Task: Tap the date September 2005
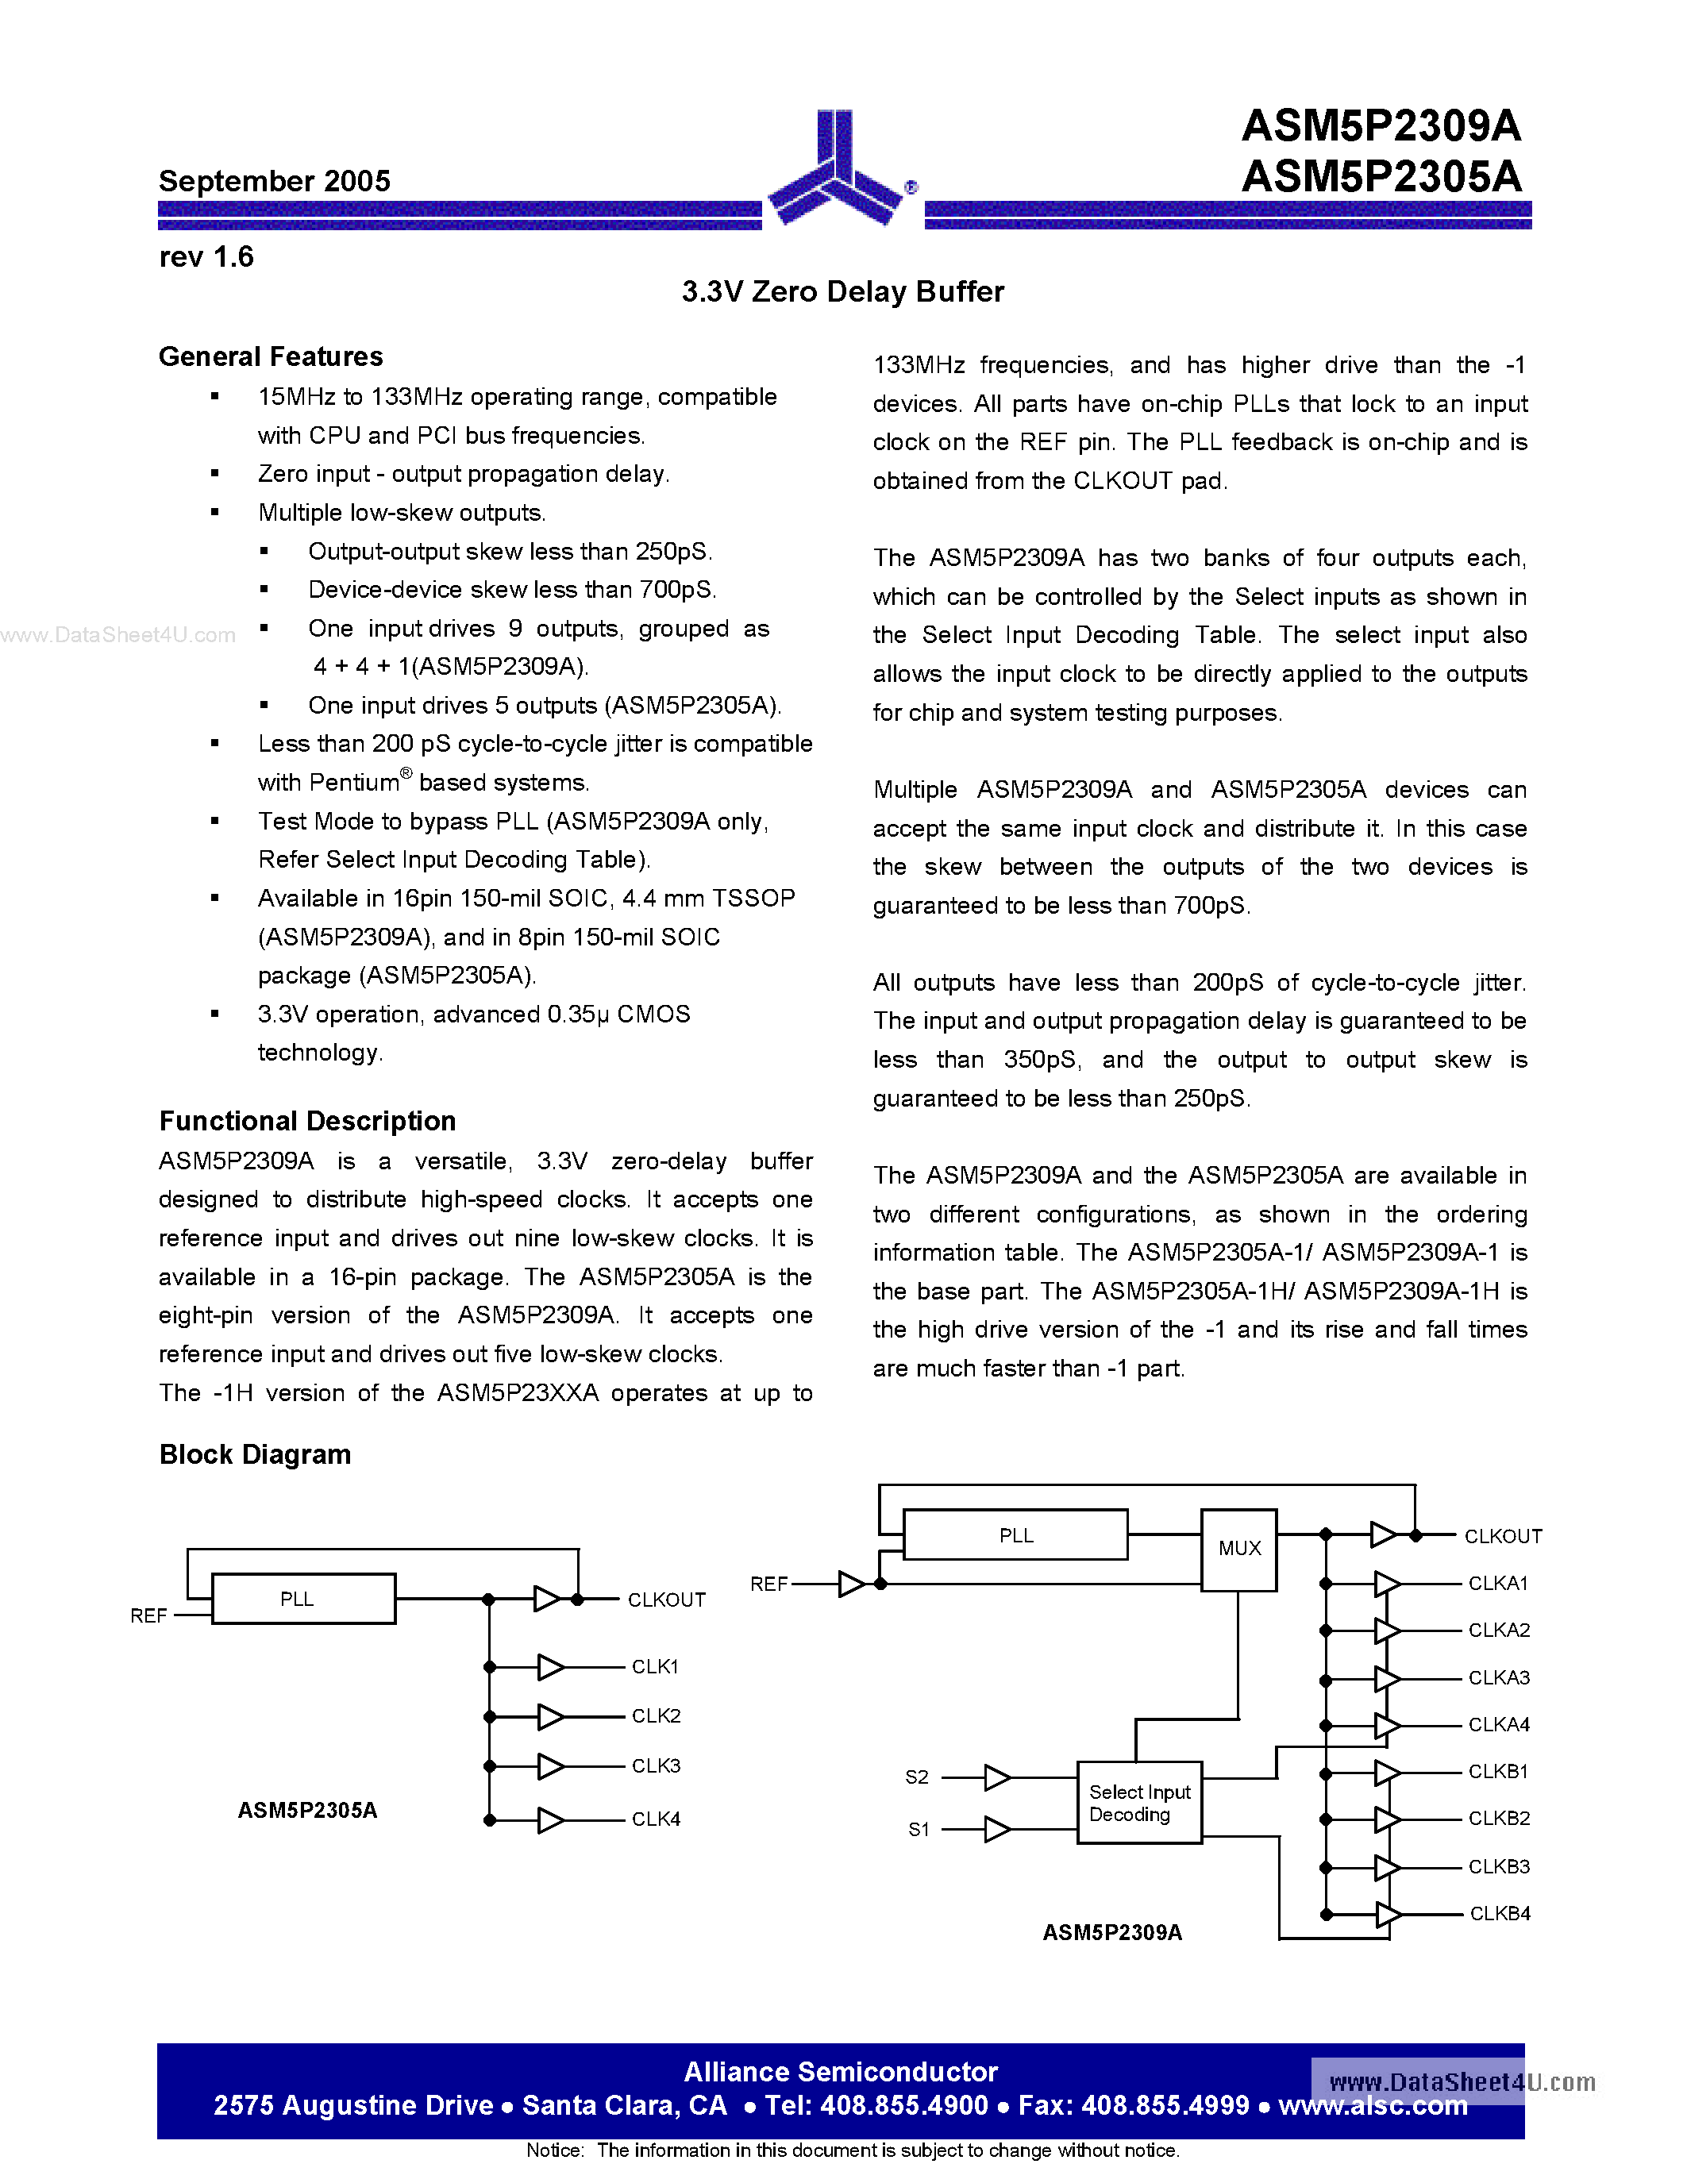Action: (274, 181)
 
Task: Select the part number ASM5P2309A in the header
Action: (1381, 127)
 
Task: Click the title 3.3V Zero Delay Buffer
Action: (842, 292)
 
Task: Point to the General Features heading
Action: (271, 357)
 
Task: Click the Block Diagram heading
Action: (255, 1454)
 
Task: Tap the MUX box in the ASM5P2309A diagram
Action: (1239, 1548)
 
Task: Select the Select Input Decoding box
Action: (1139, 1802)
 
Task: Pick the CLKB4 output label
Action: (1499, 1913)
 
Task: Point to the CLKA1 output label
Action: (1498, 1584)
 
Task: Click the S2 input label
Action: (916, 1777)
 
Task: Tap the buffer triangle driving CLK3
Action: (549, 1766)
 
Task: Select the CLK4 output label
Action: (656, 1819)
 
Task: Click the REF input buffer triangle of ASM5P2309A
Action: (852, 1584)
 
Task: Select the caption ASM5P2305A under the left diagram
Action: (306, 1810)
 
